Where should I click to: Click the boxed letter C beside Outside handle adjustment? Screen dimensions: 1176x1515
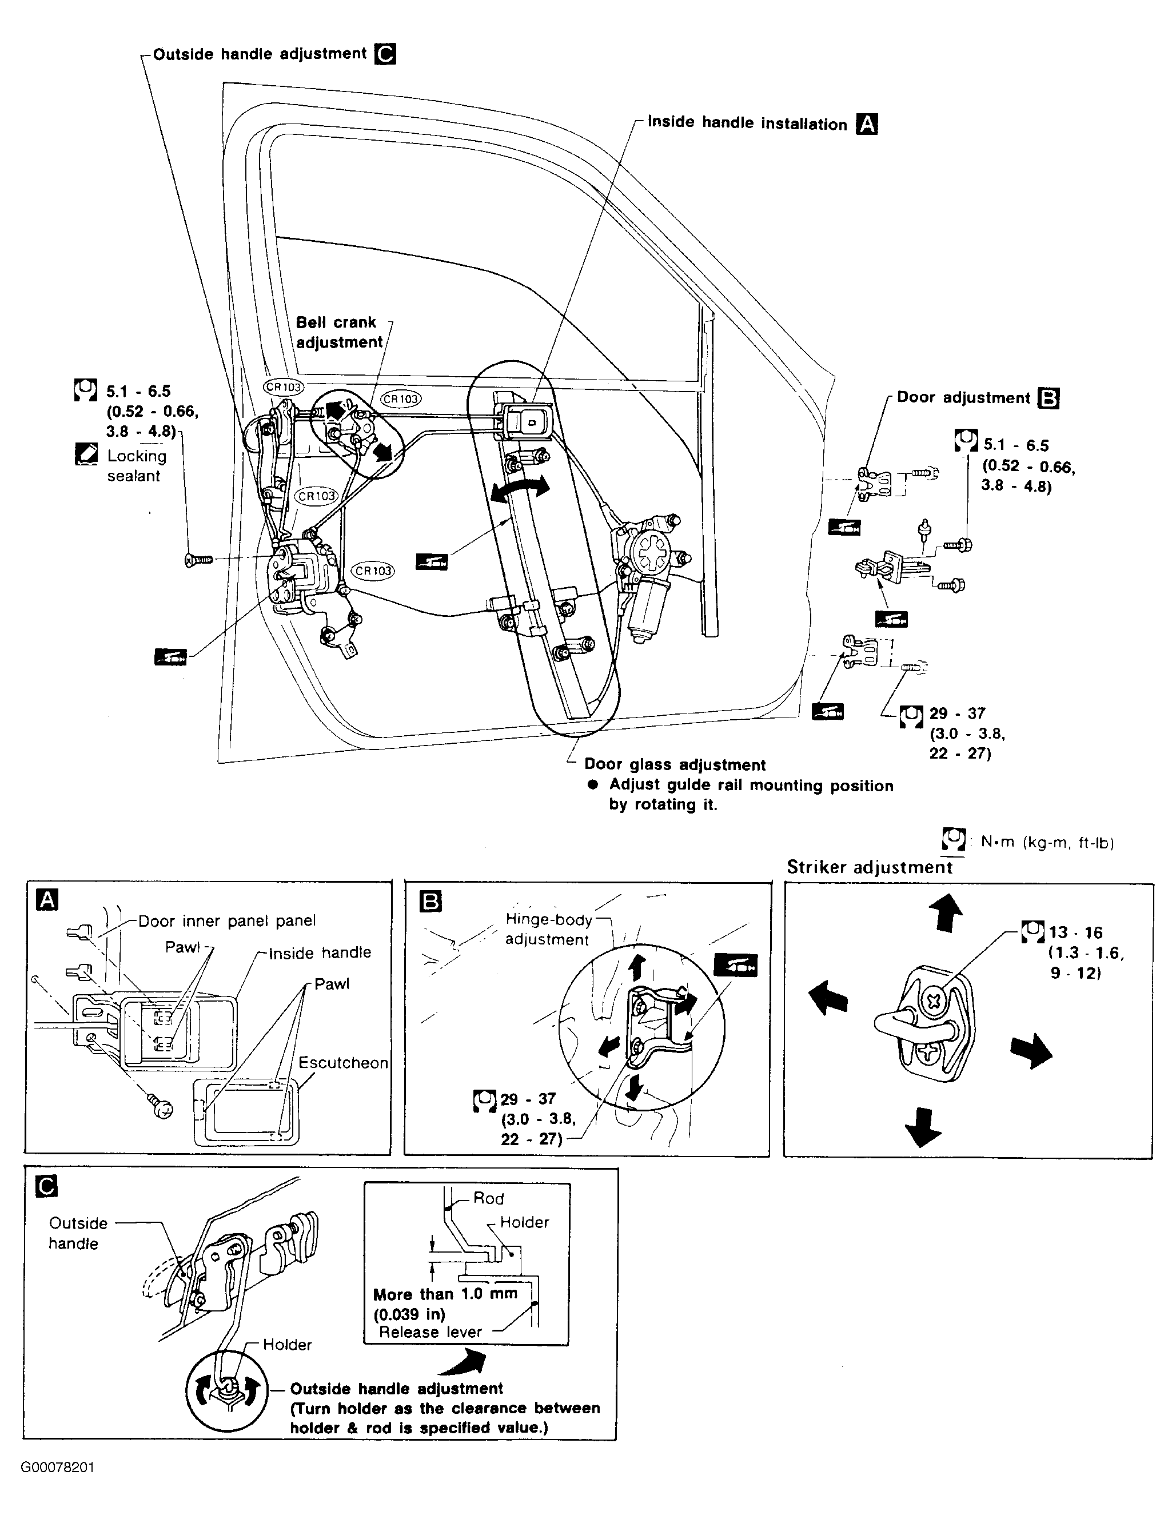(x=385, y=54)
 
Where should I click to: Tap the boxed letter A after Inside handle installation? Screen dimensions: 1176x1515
(x=867, y=124)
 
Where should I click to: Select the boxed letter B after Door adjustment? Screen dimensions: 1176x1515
(x=1049, y=398)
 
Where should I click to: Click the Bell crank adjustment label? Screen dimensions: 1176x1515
(x=339, y=332)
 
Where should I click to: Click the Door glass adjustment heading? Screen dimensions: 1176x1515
(x=675, y=764)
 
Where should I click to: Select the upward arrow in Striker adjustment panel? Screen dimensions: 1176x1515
(x=948, y=912)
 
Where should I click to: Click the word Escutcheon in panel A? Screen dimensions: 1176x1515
(x=343, y=1063)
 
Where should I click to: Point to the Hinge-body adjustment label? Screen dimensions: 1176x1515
(x=548, y=930)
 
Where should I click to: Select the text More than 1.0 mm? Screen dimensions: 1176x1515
(x=445, y=1294)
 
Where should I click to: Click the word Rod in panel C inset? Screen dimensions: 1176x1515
(x=488, y=1198)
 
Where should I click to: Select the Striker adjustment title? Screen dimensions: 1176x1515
(x=870, y=867)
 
